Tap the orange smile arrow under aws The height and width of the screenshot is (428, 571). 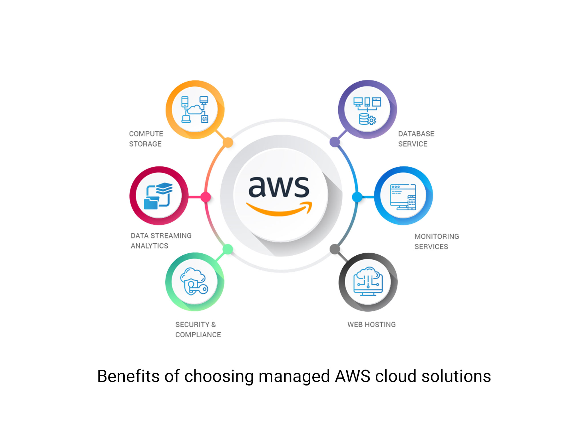click(x=278, y=210)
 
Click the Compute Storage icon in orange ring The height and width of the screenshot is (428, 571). click(x=195, y=110)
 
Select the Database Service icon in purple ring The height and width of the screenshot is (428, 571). click(x=367, y=110)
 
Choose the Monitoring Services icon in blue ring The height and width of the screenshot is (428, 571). click(x=403, y=196)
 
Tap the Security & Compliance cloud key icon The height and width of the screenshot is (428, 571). click(x=194, y=282)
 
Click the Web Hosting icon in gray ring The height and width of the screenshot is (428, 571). click(x=368, y=282)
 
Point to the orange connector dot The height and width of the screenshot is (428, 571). click(x=228, y=142)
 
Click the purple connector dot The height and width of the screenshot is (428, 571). click(x=335, y=142)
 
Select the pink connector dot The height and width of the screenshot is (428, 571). click(x=206, y=197)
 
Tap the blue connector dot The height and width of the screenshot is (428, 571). click(x=357, y=197)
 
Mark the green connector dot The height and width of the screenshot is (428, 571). click(x=228, y=249)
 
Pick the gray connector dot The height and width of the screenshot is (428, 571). click(x=335, y=249)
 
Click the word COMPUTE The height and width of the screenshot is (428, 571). click(x=146, y=134)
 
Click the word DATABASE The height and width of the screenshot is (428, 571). click(x=416, y=134)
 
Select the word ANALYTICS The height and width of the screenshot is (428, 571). click(x=149, y=246)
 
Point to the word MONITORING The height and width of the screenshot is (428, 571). click(x=437, y=237)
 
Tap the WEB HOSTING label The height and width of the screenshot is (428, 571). click(x=371, y=324)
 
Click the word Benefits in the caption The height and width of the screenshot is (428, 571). click(x=128, y=376)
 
